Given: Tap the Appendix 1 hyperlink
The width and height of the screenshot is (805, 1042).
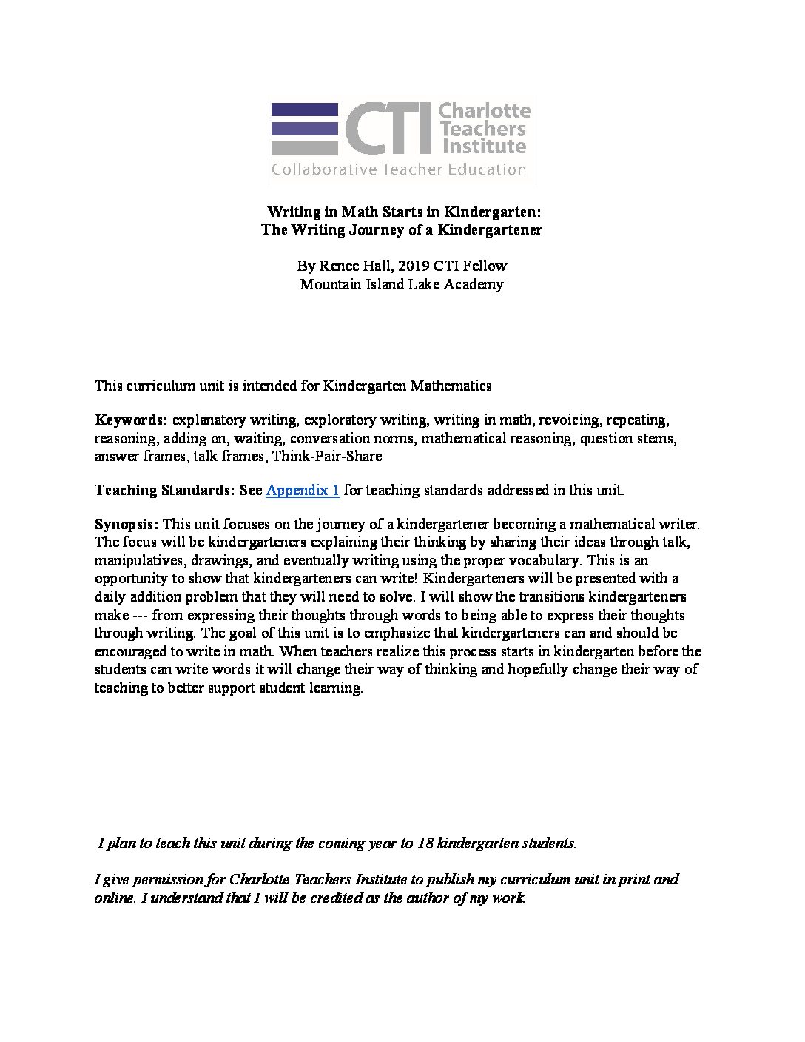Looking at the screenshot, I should pos(303,490).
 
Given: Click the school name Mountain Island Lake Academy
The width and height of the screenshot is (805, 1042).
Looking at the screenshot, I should pos(402,284).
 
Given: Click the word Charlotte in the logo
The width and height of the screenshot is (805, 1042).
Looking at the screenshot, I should pos(485,111).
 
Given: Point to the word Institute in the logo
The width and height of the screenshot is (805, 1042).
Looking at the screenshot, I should pos(482,147).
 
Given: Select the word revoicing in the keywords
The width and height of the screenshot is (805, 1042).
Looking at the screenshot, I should pos(568,420).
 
